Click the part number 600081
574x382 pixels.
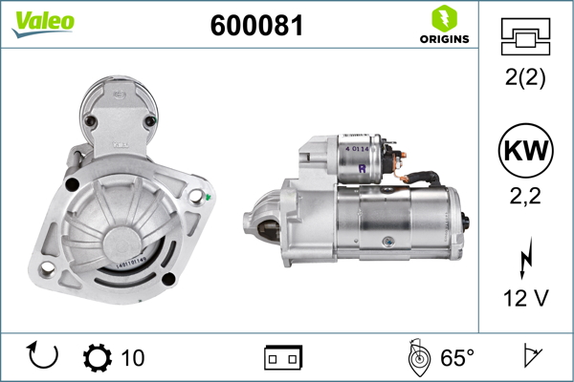[255, 26]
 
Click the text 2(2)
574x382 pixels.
[526, 78]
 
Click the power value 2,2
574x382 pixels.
[526, 197]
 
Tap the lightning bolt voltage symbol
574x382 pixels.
[526, 259]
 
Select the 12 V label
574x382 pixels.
[526, 298]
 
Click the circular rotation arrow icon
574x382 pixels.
[44, 357]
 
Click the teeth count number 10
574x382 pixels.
[133, 358]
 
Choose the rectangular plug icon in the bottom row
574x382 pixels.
[283, 358]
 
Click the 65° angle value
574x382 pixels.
[456, 358]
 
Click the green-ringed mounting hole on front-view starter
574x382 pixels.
[197, 197]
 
